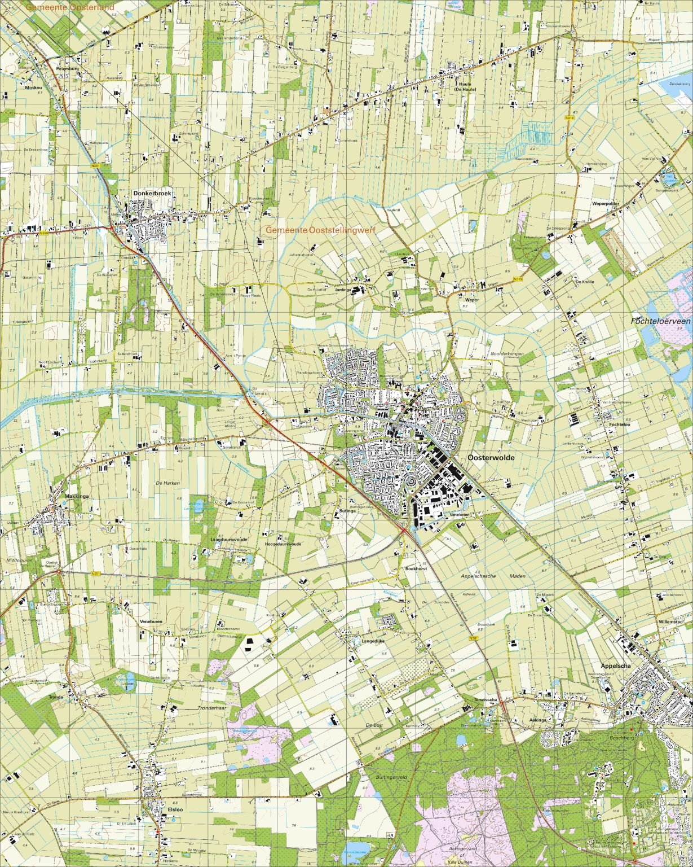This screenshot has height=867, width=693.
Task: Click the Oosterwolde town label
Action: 492,458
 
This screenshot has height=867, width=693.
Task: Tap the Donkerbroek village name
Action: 152,194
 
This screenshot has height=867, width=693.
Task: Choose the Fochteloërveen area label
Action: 660,321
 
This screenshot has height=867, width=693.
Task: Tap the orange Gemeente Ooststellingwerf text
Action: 320,230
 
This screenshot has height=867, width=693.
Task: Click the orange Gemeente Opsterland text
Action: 70,7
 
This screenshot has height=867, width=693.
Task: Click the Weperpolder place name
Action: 590,203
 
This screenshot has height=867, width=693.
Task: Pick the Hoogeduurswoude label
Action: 283,544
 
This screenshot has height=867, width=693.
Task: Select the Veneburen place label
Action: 151,621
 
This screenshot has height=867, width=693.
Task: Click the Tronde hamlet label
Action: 56,697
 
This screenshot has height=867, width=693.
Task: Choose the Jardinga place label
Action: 343,290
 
